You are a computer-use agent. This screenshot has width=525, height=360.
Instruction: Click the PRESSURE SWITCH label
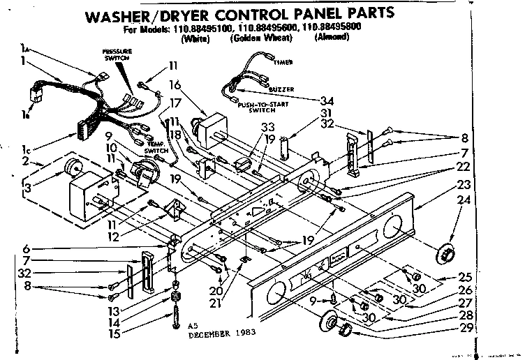[x=113, y=55]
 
